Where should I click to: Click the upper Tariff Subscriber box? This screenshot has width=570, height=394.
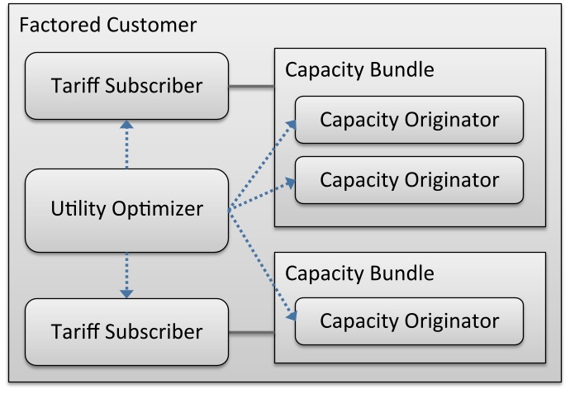click(126, 85)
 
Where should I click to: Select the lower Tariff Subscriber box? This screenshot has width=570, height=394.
click(126, 332)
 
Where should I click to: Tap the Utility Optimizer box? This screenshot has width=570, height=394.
click(126, 210)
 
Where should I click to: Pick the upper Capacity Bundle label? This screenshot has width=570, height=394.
click(359, 69)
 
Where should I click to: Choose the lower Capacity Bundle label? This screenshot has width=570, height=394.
click(359, 273)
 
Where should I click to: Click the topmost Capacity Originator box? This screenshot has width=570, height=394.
click(409, 120)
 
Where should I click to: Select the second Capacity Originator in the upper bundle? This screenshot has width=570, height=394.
click(409, 179)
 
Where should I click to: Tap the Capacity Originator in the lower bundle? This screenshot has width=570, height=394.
click(409, 321)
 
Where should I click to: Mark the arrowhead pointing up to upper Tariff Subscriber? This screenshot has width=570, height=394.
click(126, 125)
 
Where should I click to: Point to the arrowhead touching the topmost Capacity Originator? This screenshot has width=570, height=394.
click(291, 124)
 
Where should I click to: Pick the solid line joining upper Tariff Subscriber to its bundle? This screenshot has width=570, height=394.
click(251, 86)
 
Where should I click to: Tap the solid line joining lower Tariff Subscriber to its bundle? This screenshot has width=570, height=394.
click(251, 333)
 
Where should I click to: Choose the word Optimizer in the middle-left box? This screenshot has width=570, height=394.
click(152, 210)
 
